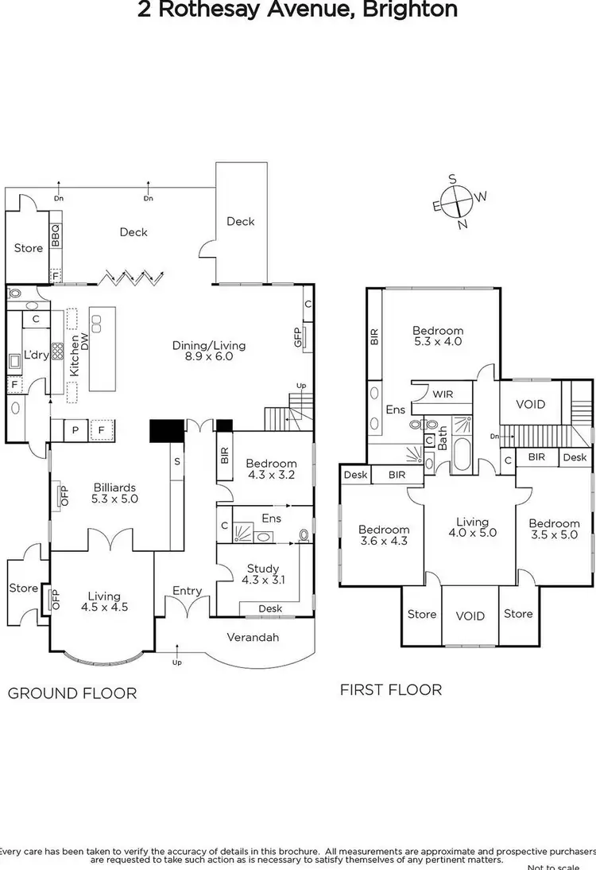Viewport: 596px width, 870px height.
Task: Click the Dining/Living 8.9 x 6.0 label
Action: pyautogui.click(x=209, y=351)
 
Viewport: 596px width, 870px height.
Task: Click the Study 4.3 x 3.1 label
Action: pyautogui.click(x=262, y=575)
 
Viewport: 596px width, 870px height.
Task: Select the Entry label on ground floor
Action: pyautogui.click(x=187, y=591)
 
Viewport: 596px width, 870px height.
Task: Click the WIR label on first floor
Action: pyautogui.click(x=442, y=393)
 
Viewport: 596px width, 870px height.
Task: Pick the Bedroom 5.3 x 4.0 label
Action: pyautogui.click(x=437, y=336)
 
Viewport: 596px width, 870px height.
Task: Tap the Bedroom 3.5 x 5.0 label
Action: pyautogui.click(x=555, y=530)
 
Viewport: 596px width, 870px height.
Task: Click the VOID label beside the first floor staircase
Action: pyautogui.click(x=530, y=404)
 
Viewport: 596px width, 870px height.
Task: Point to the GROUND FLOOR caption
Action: pyautogui.click(x=72, y=693)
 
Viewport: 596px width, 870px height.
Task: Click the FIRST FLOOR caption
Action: pyautogui.click(x=391, y=689)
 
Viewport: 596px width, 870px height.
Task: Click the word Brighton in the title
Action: pyautogui.click(x=416, y=10)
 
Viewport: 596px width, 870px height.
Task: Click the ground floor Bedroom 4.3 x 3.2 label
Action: pyautogui.click(x=271, y=470)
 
